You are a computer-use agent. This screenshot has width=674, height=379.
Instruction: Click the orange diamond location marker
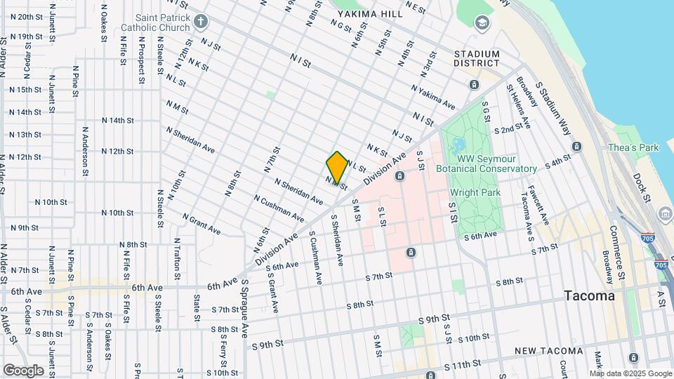337,167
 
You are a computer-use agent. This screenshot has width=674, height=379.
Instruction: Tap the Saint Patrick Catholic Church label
155,22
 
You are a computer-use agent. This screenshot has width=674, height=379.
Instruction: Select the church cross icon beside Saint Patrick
202,22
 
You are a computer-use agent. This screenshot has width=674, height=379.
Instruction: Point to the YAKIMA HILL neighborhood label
369,14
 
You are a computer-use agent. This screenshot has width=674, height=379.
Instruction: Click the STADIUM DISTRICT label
477,58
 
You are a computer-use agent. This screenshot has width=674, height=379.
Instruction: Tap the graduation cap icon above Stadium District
482,23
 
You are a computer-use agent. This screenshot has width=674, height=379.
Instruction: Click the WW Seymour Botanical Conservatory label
487,164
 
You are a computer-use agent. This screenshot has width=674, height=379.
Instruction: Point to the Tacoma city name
590,296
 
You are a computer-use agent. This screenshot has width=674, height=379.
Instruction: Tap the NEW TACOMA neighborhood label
548,351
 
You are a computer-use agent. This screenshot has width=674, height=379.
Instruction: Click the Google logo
23,370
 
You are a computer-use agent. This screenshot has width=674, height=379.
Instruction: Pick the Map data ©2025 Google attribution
630,373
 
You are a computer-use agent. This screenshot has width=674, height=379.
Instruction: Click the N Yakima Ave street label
433,98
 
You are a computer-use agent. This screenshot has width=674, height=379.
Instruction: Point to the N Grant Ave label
201,224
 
